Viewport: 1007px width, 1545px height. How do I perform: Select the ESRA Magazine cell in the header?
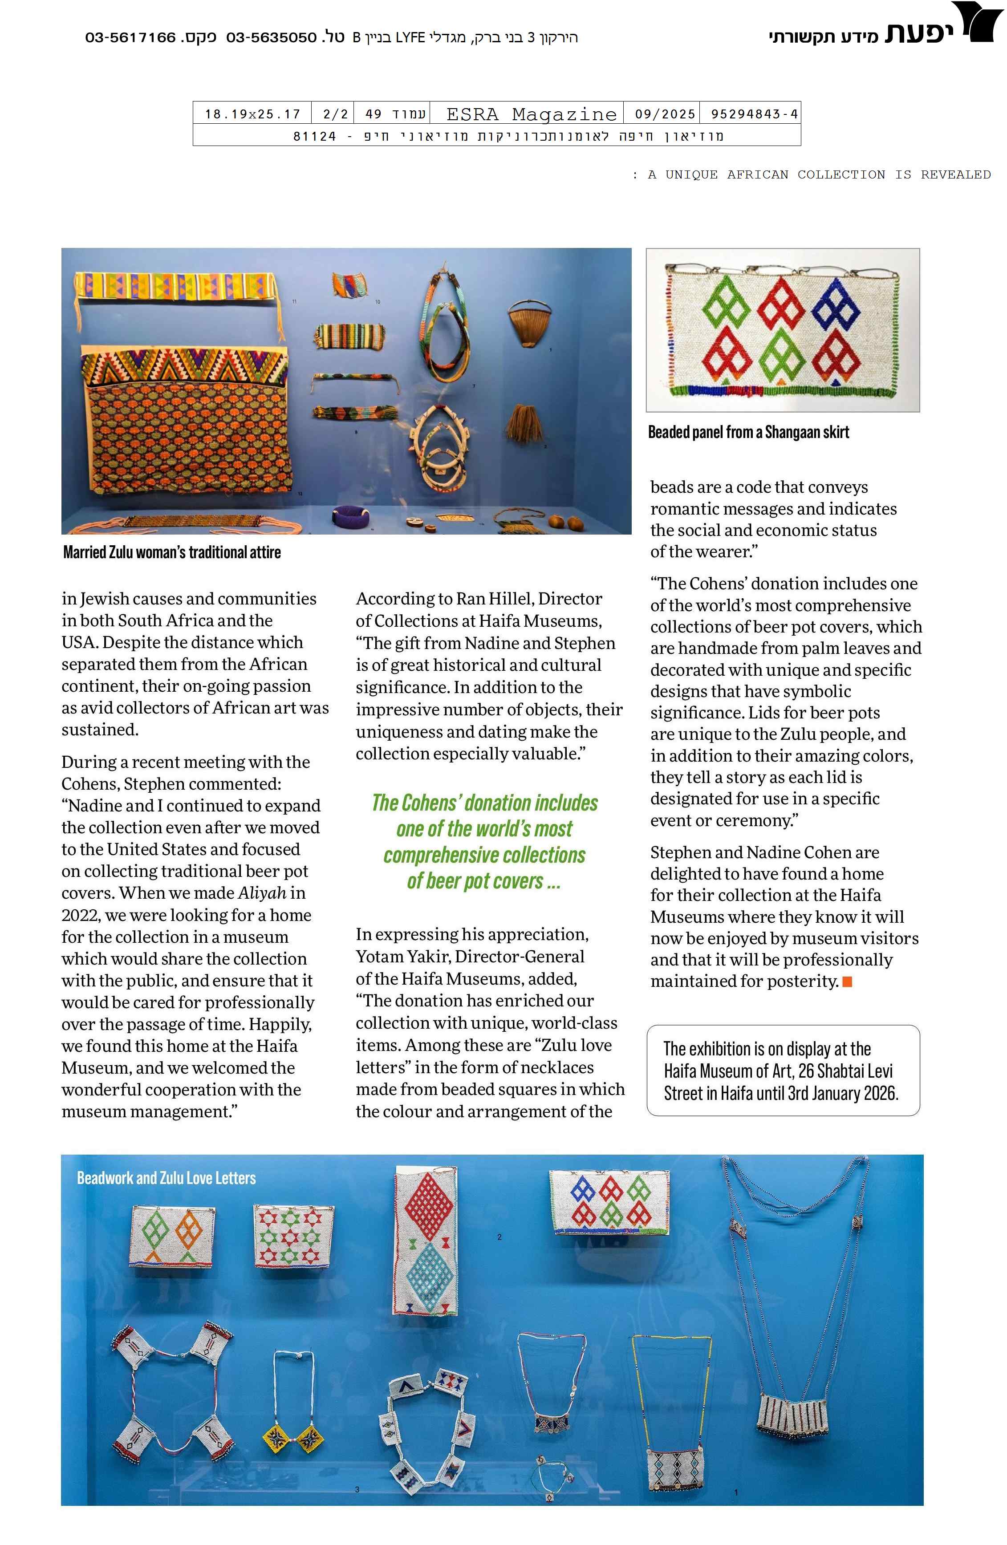pyautogui.click(x=531, y=114)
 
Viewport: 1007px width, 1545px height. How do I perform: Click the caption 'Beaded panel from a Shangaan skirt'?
pyautogui.click(x=748, y=432)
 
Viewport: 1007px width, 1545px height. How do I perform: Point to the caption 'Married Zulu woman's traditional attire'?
pyautogui.click(x=172, y=552)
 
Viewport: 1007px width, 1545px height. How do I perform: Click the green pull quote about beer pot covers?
pyautogui.click(x=484, y=841)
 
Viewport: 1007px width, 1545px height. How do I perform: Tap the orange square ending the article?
pyautogui.click(x=847, y=981)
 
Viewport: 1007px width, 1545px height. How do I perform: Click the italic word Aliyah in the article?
pyautogui.click(x=262, y=893)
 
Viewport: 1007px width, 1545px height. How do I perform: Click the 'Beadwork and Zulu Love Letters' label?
pyautogui.click(x=166, y=1178)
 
